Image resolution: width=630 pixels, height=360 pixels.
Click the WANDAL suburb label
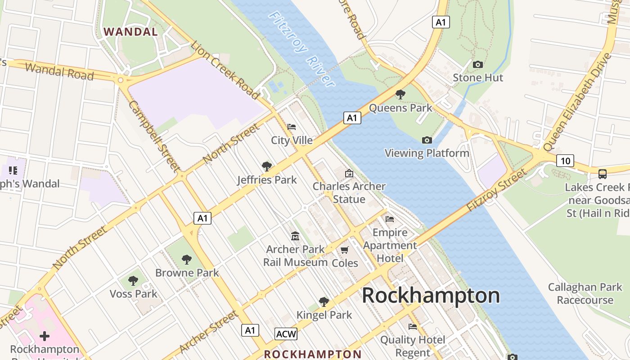click(x=131, y=32)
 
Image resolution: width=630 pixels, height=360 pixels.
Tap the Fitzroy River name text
click(x=302, y=49)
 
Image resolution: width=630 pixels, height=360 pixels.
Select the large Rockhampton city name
click(x=431, y=296)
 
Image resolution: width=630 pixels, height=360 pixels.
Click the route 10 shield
click(x=565, y=161)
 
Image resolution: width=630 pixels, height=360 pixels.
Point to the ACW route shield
click(x=286, y=334)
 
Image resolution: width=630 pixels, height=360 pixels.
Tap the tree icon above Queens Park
click(x=400, y=94)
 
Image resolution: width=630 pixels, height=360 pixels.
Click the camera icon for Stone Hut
click(x=478, y=65)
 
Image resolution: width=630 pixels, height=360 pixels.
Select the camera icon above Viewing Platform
click(x=427, y=140)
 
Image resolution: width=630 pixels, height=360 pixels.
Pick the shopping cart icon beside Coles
click(x=345, y=250)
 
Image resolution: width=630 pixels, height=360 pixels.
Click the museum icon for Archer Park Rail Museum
click(x=295, y=236)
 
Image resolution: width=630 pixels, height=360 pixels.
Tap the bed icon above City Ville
click(x=292, y=127)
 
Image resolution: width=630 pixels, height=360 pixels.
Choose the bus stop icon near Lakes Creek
click(x=602, y=174)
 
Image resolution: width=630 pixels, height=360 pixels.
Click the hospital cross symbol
click(x=45, y=336)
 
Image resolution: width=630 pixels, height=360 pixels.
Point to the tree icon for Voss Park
click(x=133, y=281)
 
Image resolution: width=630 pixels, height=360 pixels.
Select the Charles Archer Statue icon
click(x=349, y=173)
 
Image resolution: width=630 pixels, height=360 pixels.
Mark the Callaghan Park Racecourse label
click(x=585, y=293)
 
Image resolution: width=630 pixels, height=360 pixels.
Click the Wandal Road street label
click(x=59, y=71)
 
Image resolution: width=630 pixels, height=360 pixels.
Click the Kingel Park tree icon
click(x=324, y=301)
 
